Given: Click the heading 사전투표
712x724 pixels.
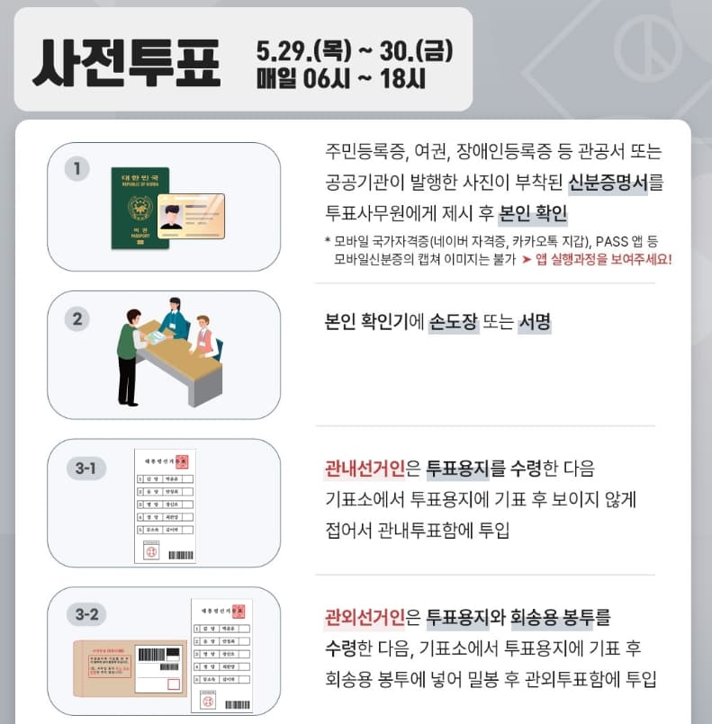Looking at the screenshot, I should point(126,60).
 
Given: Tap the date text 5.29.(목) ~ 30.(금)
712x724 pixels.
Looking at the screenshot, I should point(354,47).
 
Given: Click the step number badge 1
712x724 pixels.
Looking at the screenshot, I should point(77,168).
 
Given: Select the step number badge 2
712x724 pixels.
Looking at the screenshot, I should point(77,318).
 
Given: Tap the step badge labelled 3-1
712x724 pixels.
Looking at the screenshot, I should point(86,468).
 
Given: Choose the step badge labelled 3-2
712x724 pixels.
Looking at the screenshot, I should point(86,614).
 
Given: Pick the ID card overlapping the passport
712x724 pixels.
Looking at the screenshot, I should point(190,216).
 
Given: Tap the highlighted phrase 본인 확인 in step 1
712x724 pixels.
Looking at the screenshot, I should point(532,214).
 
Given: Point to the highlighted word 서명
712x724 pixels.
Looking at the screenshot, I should point(534,322).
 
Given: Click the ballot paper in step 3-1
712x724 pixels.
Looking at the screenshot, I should point(166,505).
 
